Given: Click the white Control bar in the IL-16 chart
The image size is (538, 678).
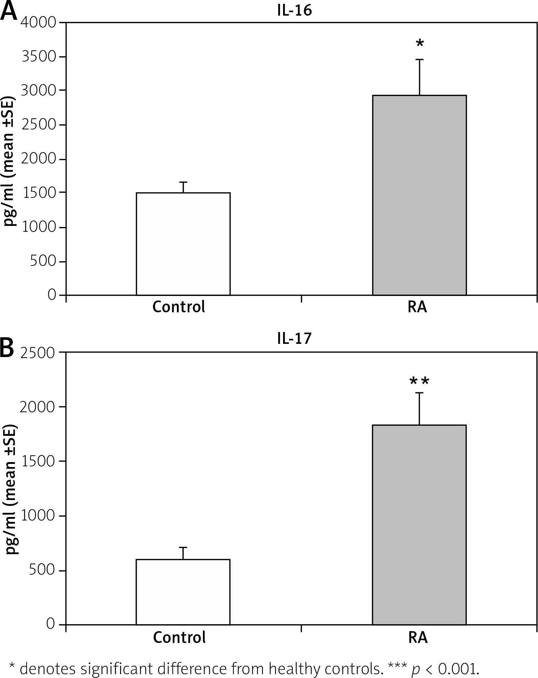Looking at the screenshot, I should (183, 244).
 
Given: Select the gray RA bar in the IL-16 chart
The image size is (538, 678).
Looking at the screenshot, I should (419, 195).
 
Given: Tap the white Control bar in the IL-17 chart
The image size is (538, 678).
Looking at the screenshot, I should (183, 592).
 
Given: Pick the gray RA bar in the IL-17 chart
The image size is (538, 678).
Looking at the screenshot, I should (419, 525).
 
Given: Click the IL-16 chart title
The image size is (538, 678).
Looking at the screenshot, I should (294, 11).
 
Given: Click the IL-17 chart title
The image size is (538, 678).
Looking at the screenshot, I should (294, 338).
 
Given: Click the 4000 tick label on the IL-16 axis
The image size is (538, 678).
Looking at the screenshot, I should (38, 23).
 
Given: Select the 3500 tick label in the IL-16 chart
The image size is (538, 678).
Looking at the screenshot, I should (38, 57).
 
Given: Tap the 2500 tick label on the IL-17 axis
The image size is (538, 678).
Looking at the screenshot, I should (38, 353).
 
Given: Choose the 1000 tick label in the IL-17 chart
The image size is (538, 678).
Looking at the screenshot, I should (38, 516).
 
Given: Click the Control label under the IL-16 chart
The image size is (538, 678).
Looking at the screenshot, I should (179, 307).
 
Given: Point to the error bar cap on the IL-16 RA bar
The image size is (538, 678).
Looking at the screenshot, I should (420, 60).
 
